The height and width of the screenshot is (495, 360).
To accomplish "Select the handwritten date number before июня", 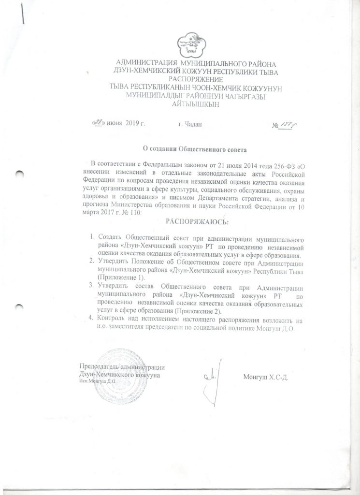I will [99, 124].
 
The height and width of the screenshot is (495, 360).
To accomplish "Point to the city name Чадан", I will [189, 124].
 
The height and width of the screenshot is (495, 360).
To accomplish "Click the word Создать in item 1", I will [110, 238].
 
